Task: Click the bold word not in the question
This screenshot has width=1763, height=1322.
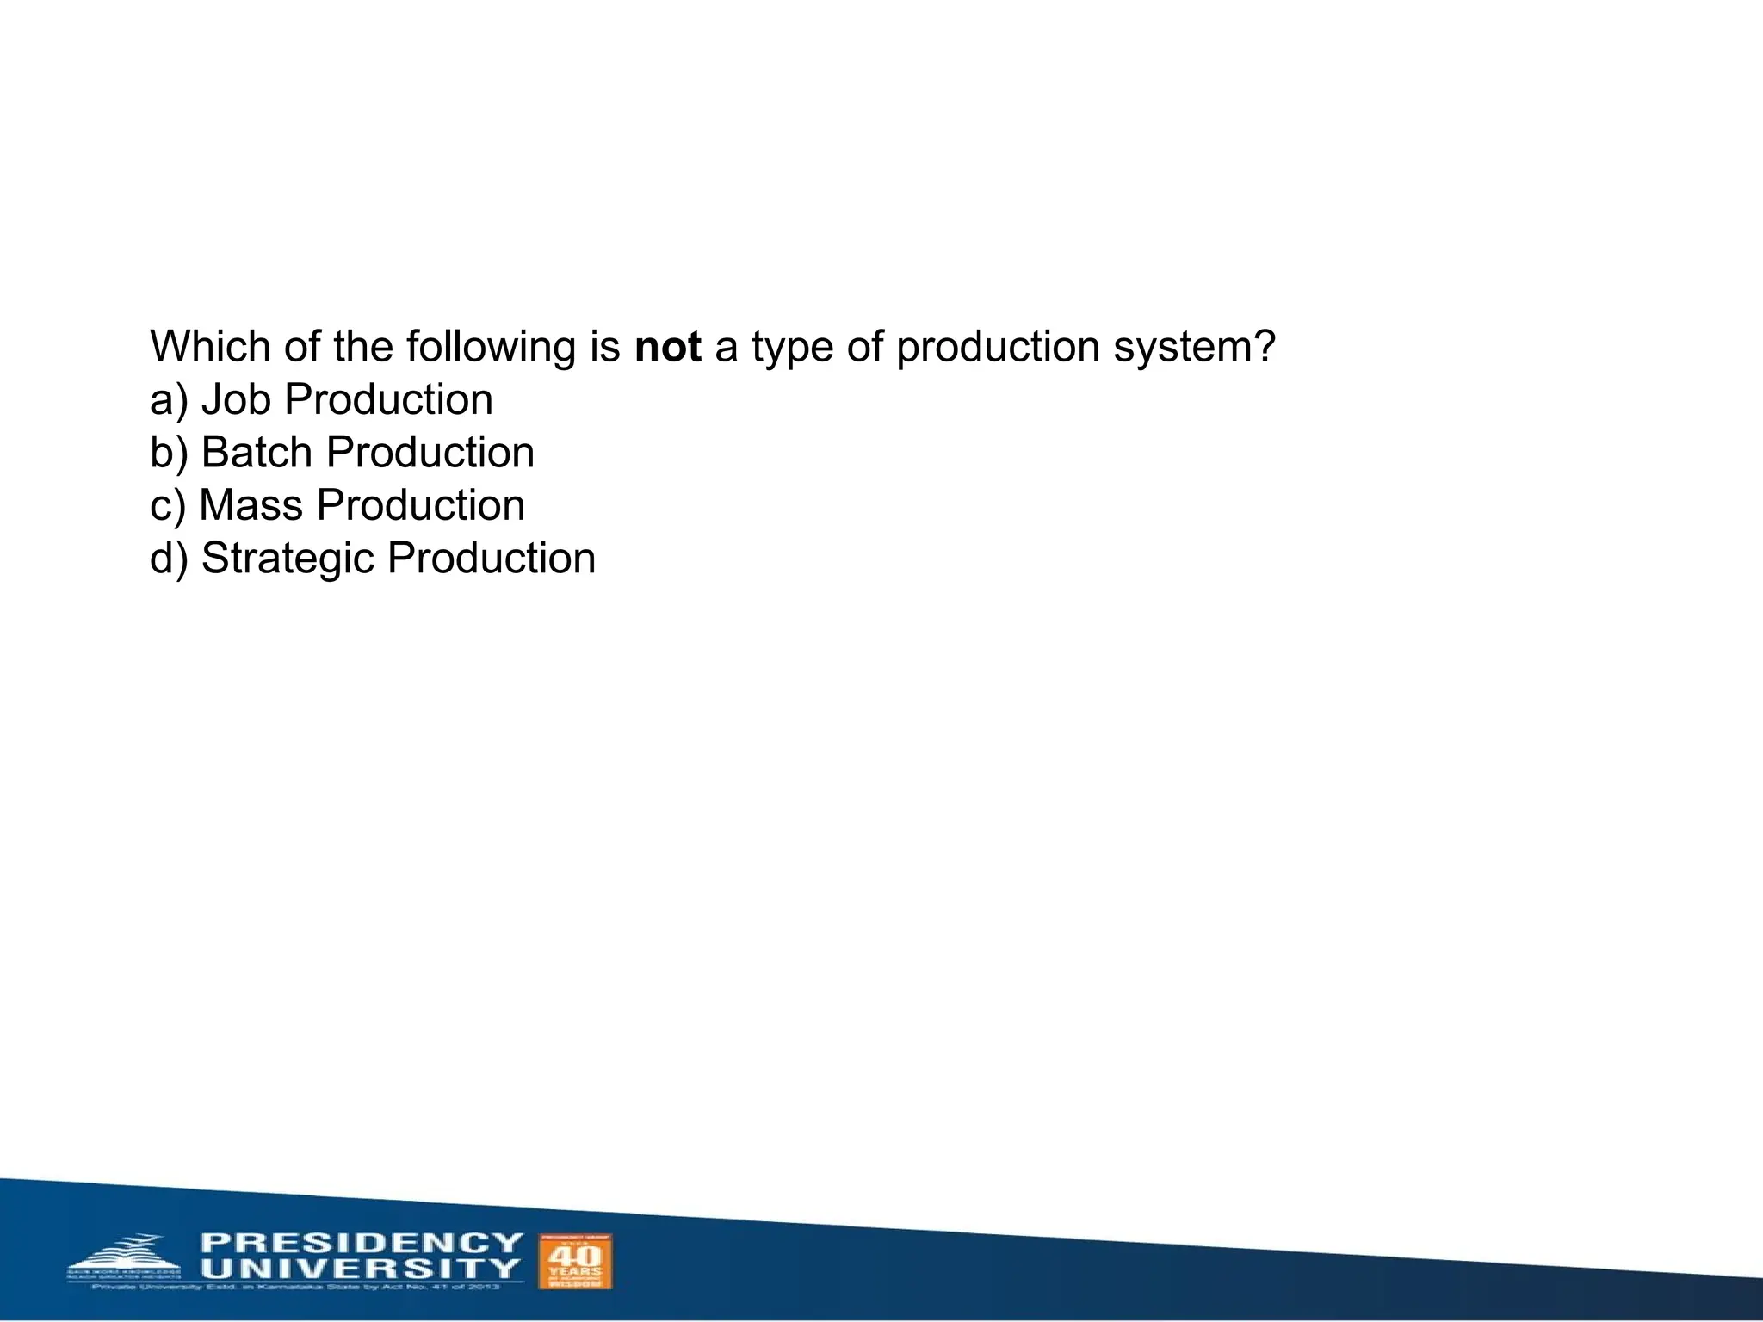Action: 667,347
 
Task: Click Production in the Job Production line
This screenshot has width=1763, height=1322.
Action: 388,400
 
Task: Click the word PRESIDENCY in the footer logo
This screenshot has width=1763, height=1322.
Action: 362,1243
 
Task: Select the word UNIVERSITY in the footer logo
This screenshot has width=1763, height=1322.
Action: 362,1269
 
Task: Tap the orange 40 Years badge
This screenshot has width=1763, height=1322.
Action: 575,1262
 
